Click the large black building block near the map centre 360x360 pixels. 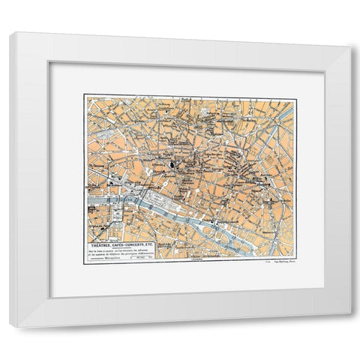(x=172, y=166)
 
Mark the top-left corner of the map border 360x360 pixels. (x=85, y=94)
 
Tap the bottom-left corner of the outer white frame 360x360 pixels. (x=10, y=328)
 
